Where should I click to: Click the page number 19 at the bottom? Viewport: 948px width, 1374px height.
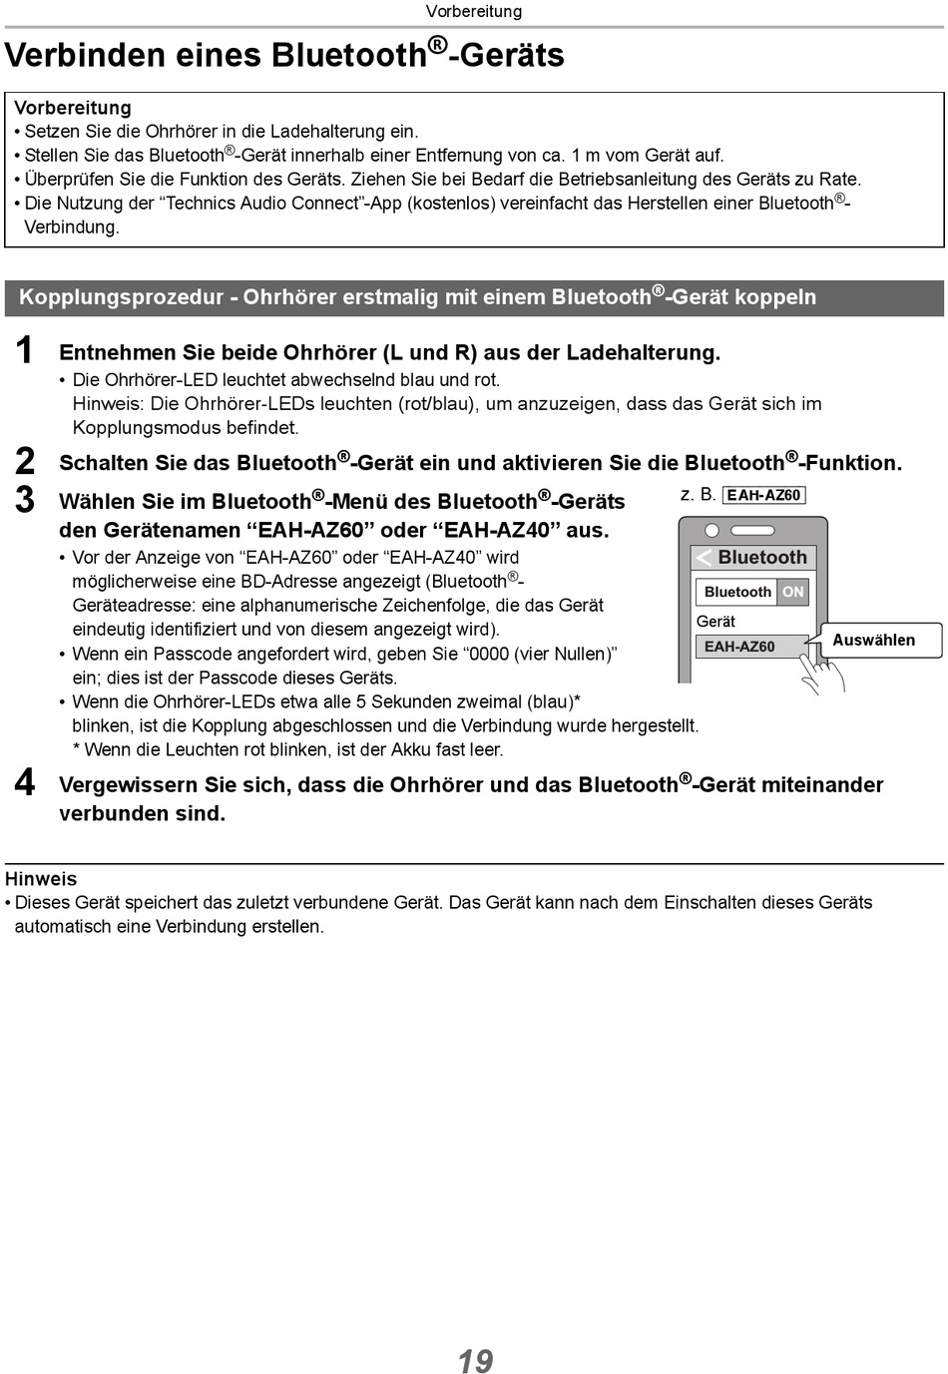pyautogui.click(x=475, y=1361)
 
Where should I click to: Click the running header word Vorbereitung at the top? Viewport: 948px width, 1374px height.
pyautogui.click(x=473, y=12)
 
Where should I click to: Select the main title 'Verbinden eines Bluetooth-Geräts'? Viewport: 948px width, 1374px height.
pyautogui.click(x=284, y=54)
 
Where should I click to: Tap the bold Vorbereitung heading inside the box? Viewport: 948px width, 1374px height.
pyautogui.click(x=73, y=108)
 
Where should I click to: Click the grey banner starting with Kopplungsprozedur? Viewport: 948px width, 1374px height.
pyautogui.click(x=474, y=297)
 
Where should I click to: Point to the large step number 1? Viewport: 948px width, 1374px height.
pyautogui.click(x=25, y=351)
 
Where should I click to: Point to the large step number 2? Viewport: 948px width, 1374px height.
pyautogui.click(x=25, y=461)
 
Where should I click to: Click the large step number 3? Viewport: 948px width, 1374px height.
pyautogui.click(x=25, y=499)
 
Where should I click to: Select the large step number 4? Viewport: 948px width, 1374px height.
pyautogui.click(x=25, y=782)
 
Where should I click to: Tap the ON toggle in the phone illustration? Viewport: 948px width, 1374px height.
pyautogui.click(x=793, y=592)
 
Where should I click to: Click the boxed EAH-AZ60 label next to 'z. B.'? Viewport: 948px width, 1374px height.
pyautogui.click(x=763, y=495)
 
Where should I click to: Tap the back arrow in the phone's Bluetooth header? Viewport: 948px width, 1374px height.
pyautogui.click(x=704, y=558)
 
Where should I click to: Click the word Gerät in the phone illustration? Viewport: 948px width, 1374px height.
pyautogui.click(x=715, y=621)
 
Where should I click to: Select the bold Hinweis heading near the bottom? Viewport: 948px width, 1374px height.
pyautogui.click(x=41, y=879)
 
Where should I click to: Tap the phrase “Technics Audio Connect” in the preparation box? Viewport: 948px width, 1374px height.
pyautogui.click(x=263, y=204)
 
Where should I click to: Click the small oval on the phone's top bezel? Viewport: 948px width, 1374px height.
pyautogui.click(x=711, y=530)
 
